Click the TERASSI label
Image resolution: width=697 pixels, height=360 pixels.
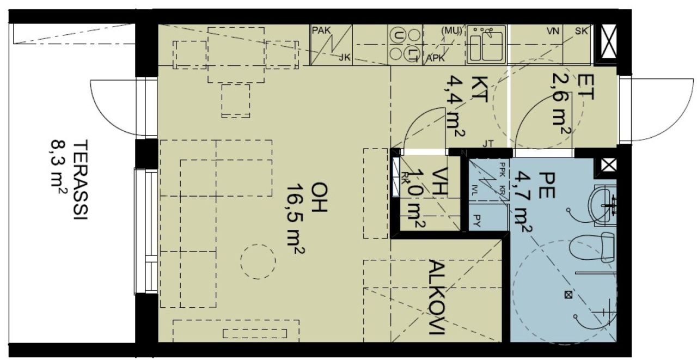click(80, 180)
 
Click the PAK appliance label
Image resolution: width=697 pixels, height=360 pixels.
click(321, 30)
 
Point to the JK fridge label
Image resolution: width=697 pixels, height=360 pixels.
click(345, 57)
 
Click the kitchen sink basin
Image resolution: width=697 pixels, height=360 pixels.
click(486, 45)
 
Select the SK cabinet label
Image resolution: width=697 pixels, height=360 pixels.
click(582, 31)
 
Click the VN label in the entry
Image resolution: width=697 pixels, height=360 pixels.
click(554, 31)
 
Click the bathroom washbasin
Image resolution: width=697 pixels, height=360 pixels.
click(603, 205)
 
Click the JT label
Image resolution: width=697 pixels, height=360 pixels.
click(488, 144)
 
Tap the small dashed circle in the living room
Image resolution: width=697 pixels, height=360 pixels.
click(258, 261)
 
